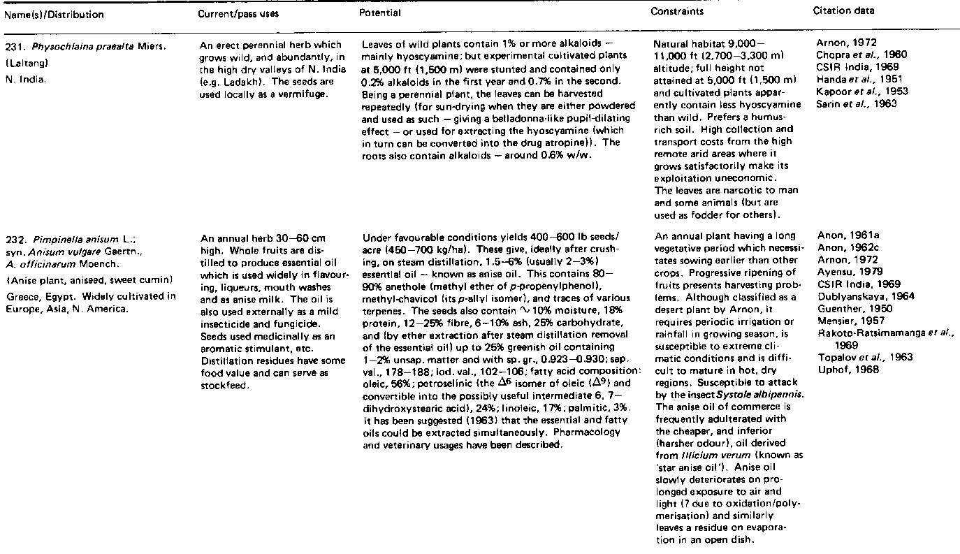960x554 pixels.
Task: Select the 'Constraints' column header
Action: (x=676, y=12)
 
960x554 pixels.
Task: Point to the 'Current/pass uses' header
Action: (x=231, y=14)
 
